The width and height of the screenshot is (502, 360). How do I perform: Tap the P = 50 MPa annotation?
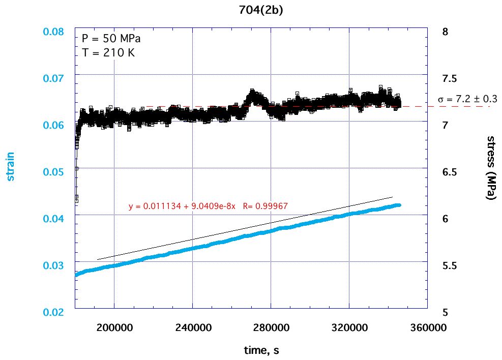click(111, 39)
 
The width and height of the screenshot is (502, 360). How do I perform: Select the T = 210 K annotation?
click(108, 52)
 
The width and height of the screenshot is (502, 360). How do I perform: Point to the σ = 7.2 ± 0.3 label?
click(468, 99)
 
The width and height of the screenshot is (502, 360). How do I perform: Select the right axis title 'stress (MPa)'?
click(491, 168)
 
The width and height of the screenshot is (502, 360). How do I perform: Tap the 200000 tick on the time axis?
click(114, 327)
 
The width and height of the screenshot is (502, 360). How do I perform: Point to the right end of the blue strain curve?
click(399, 205)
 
